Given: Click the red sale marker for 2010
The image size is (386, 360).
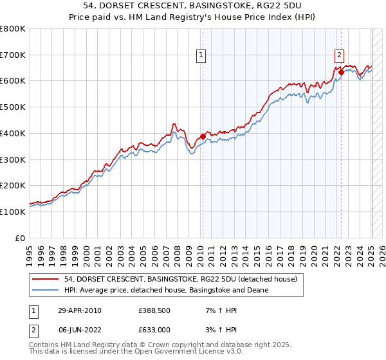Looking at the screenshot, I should [203, 136].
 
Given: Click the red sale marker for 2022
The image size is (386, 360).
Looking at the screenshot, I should [341, 72].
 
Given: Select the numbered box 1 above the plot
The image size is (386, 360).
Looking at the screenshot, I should [202, 56].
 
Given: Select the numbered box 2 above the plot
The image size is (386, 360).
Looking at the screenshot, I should [339, 55].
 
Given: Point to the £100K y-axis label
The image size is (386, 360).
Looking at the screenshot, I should [14, 212].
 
